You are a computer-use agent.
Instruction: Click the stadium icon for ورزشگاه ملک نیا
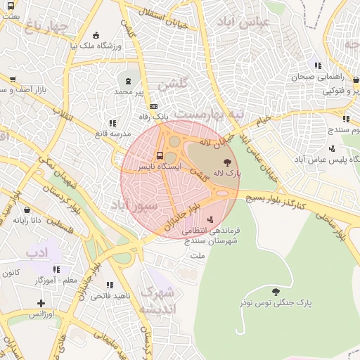pos(96,35)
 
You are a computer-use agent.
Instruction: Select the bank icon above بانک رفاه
pos(144,106)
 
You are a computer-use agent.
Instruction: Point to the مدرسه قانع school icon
pos(112,123)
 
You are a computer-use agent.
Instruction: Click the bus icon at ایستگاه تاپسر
pos(160,155)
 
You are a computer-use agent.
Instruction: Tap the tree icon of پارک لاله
pos(226,162)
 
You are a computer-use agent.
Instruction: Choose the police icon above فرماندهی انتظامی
pos(210,220)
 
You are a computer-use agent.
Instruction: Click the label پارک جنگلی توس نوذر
pos(274,302)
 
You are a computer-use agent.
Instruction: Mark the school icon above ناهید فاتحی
pos(109,285)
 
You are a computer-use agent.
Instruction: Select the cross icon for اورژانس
pos(42,303)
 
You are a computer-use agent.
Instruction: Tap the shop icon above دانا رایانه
pos(27,210)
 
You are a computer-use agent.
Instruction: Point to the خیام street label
pos(262,121)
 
